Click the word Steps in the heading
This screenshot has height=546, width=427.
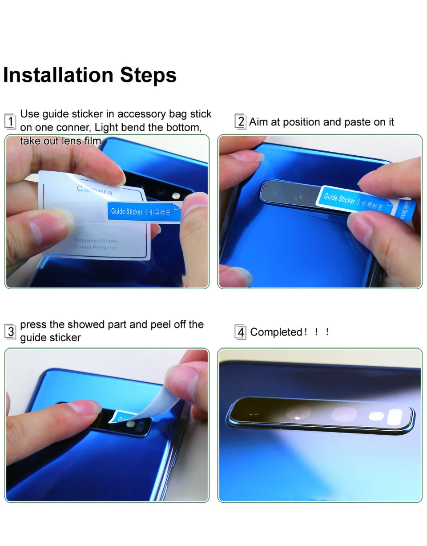148,76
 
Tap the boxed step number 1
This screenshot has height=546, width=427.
10,121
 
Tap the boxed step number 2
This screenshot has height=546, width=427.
241,121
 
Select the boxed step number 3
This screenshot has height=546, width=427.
10,332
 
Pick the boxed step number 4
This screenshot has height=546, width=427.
241,332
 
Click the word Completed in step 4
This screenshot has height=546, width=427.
276,332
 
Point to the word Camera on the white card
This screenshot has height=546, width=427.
94,190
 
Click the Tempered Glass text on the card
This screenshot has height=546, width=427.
95,240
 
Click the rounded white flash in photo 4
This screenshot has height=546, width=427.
395,417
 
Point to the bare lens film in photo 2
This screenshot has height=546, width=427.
287,193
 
